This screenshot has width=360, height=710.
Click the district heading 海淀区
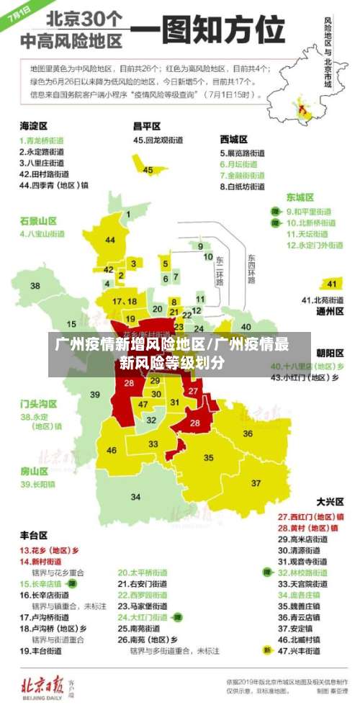pos(34,125)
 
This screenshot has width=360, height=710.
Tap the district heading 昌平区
pos(147,125)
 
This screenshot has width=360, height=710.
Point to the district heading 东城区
pos(300,197)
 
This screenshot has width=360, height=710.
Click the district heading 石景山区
pos(38,220)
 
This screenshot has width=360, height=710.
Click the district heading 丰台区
pos(34,535)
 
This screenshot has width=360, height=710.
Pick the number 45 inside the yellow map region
pos(148,170)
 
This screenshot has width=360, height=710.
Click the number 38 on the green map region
pos(35,286)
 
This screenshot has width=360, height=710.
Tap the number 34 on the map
pos(135,497)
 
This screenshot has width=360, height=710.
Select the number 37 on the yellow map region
pos(256,482)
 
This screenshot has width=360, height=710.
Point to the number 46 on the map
pos(112,451)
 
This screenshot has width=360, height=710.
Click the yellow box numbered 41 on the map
pos(331,283)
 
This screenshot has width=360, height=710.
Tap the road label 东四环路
pos(251,268)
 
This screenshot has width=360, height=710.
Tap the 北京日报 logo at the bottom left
pos(52,683)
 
